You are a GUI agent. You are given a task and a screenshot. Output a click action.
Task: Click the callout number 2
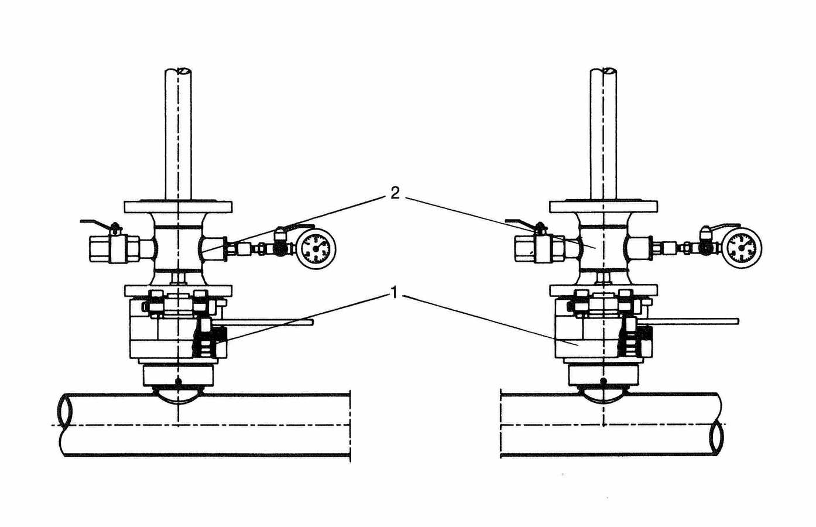[395, 193]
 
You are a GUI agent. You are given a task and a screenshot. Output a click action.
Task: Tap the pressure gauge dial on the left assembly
[316, 248]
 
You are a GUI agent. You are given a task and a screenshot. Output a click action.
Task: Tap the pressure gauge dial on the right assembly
[742, 248]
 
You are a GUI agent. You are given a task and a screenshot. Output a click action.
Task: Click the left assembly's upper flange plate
[178, 207]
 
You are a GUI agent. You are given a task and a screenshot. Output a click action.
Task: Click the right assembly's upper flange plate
[604, 207]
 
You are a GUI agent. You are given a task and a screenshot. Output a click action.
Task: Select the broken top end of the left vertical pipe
[178, 71]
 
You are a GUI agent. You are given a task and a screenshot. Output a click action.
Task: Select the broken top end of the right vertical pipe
[604, 71]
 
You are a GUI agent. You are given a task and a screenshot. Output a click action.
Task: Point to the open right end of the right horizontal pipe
[716, 436]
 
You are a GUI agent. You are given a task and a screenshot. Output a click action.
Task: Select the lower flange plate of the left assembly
[178, 290]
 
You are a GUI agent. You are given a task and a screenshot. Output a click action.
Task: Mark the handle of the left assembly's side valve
[97, 223]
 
